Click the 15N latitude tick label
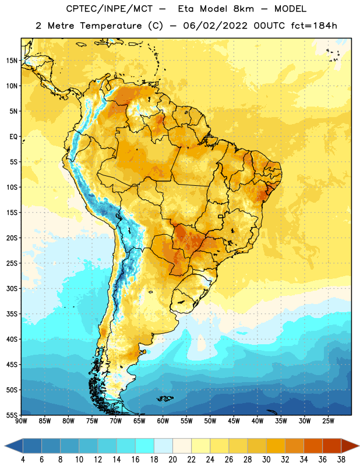(12, 61)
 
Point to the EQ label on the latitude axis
(13, 137)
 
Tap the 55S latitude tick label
(12, 415)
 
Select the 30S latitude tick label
(12, 288)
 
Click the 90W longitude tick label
(21, 421)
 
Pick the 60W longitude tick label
(163, 421)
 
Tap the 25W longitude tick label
(328, 421)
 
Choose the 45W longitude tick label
(234, 421)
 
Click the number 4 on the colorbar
(23, 460)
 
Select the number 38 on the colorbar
(341, 460)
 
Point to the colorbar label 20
(172, 460)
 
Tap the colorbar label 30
(266, 460)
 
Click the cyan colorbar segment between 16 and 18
(144, 446)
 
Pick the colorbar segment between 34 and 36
(313, 446)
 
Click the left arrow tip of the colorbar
(5, 446)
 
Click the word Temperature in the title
(111, 26)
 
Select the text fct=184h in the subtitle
(314, 26)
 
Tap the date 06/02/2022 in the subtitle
(215, 26)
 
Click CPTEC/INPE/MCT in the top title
(109, 9)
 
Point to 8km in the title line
(243, 9)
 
